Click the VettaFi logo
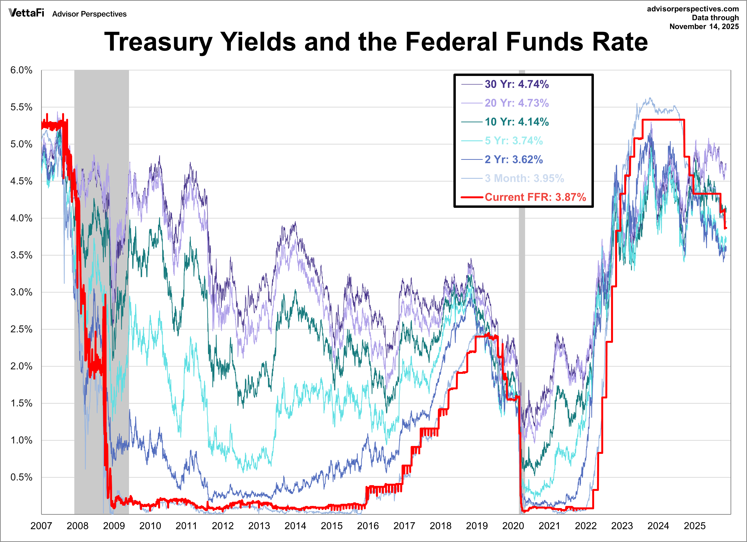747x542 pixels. click(26, 13)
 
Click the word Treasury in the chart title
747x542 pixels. click(158, 42)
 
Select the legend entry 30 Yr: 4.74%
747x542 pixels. click(516, 84)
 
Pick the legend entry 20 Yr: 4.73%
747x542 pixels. click(516, 103)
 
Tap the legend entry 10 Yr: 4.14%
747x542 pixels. click(516, 122)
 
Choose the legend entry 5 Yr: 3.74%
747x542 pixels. click(513, 141)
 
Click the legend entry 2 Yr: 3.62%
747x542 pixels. click(513, 159)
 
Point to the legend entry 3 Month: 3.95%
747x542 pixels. click(524, 178)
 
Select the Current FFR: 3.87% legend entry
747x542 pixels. click(535, 197)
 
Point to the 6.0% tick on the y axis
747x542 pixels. click(21, 70)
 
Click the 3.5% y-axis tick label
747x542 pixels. click(21, 255)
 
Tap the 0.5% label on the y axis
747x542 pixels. click(21, 477)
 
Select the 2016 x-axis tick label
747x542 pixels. click(368, 526)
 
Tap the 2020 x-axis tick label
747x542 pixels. click(513, 526)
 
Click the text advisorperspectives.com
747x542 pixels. click(693, 9)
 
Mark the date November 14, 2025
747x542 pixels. click(704, 26)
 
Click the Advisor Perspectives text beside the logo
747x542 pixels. click(89, 14)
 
